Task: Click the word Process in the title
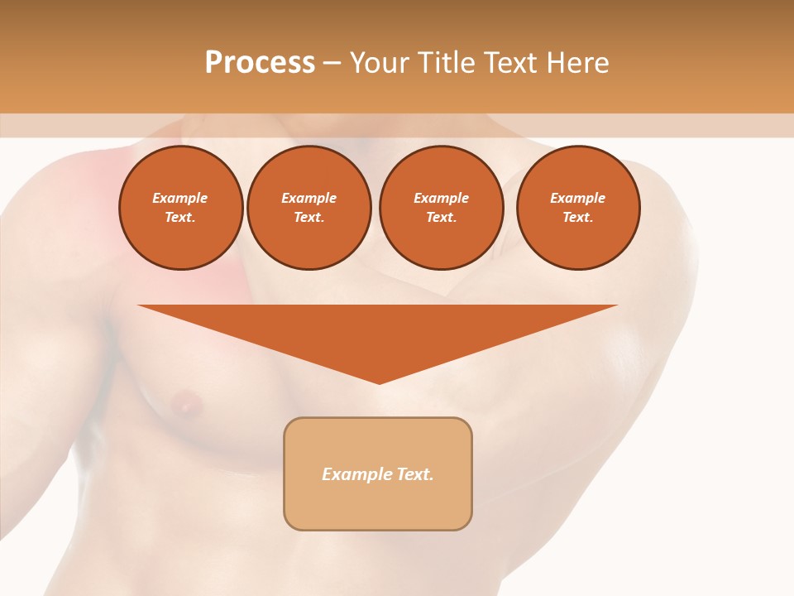[260, 63]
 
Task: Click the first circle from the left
[181, 208]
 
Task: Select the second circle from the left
[309, 208]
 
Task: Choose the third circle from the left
[441, 208]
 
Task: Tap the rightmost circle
[578, 208]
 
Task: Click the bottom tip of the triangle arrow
[379, 382]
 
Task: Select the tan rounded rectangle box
[378, 473]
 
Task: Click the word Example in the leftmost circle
[180, 198]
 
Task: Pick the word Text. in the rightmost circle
[578, 218]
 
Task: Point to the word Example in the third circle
[441, 198]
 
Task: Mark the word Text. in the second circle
[309, 218]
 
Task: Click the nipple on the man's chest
[185, 404]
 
